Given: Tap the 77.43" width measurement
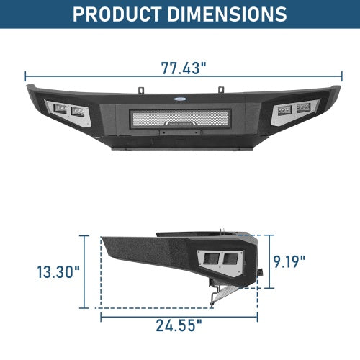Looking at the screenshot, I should coord(183,68).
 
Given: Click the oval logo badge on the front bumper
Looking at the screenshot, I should coord(181,101).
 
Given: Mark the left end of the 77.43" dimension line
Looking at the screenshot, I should coord(26,74).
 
